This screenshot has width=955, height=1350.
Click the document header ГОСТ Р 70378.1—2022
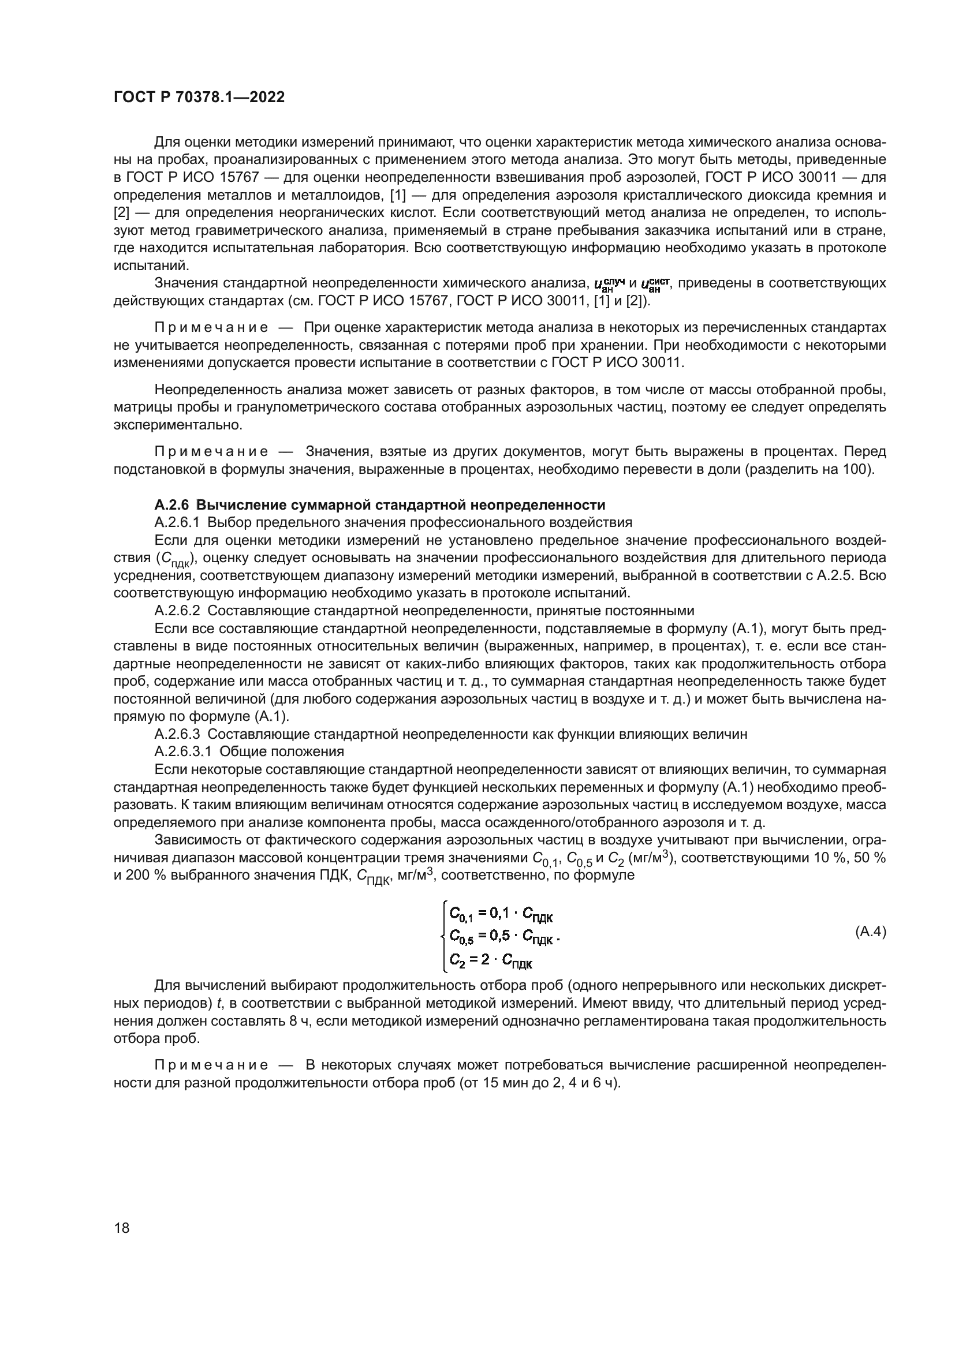199,98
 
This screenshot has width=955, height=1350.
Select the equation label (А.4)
870,932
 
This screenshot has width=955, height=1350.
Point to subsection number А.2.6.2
179,610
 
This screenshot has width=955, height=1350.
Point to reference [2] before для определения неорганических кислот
121,212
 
